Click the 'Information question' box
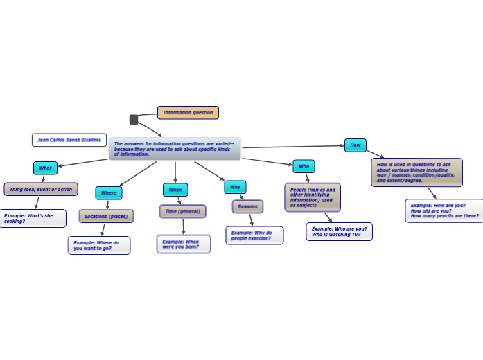tap(188, 113)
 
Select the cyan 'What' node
tap(45, 168)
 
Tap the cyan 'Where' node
tap(109, 193)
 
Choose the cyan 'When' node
tap(175, 190)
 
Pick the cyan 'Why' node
tap(235, 187)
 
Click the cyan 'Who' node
tap(304, 166)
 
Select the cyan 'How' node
tap(355, 145)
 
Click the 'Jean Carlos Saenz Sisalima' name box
tap(69, 140)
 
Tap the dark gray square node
tap(134, 120)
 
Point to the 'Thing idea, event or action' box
tap(41, 189)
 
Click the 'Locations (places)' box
tap(106, 217)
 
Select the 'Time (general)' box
tap(182, 211)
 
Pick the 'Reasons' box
tap(247, 206)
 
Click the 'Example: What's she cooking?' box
tap(33, 218)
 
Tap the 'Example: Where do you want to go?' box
tap(99, 245)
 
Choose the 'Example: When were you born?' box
tap(184, 244)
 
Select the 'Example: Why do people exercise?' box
tap(254, 235)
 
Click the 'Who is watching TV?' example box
tap(339, 231)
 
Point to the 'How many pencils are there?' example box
tap(444, 210)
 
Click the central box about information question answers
tap(175, 149)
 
